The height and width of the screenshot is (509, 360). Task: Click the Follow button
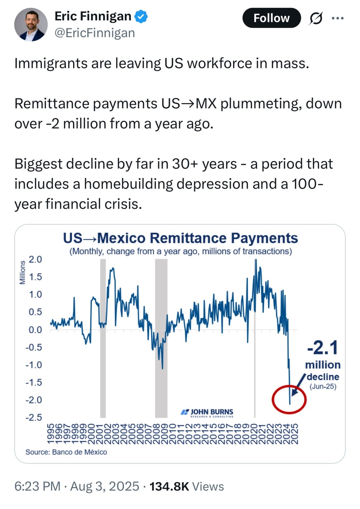(x=271, y=18)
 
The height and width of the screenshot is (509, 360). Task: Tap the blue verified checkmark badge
(x=141, y=17)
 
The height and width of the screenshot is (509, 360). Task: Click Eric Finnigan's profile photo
(x=31, y=25)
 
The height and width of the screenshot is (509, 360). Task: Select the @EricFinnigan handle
(x=95, y=33)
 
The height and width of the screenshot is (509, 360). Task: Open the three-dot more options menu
(x=337, y=18)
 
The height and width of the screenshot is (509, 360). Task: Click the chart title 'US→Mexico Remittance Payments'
(x=180, y=238)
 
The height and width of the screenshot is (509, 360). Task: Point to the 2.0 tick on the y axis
(x=35, y=260)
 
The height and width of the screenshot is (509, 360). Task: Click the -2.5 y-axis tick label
(x=33, y=418)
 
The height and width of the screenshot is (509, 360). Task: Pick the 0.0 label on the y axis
(x=35, y=330)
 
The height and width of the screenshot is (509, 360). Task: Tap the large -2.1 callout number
(x=322, y=348)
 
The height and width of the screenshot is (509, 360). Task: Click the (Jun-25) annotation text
(x=323, y=387)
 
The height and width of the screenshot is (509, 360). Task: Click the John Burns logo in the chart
(x=207, y=412)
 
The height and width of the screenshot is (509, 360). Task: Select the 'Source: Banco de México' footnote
(x=66, y=452)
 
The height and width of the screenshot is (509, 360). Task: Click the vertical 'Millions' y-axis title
(x=22, y=273)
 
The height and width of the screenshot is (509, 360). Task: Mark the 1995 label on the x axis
(x=50, y=434)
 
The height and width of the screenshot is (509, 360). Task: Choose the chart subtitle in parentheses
(x=180, y=252)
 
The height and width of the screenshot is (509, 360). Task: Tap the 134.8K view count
(x=169, y=486)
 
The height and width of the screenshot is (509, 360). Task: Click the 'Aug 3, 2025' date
(x=105, y=486)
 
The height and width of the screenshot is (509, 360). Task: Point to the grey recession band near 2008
(x=161, y=338)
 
